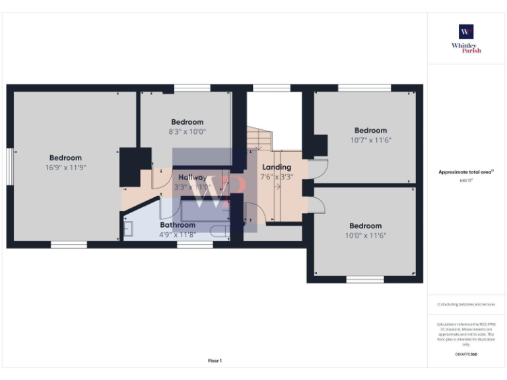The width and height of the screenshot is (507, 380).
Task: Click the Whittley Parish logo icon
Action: click(x=466, y=32)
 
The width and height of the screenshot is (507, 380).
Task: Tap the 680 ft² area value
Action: click(x=466, y=180)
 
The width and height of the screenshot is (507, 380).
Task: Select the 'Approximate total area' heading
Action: click(x=466, y=172)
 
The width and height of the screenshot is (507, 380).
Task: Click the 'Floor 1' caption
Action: click(x=215, y=361)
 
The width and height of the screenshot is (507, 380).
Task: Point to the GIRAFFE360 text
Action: click(x=466, y=354)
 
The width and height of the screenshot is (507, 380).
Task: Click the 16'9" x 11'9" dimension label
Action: click(x=65, y=168)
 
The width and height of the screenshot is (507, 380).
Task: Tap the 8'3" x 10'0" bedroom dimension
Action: click(x=187, y=131)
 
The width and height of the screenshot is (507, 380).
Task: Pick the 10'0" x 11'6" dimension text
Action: click(x=365, y=236)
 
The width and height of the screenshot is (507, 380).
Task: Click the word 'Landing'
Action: click(x=276, y=167)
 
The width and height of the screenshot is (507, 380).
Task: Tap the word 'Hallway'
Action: click(x=192, y=177)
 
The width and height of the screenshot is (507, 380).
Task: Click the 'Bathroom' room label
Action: click(x=178, y=225)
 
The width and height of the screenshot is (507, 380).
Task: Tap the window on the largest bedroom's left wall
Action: click(x=10, y=167)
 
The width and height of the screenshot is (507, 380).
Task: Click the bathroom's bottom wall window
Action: click(x=195, y=245)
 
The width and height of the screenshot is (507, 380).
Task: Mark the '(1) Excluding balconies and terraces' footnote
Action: click(x=466, y=304)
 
